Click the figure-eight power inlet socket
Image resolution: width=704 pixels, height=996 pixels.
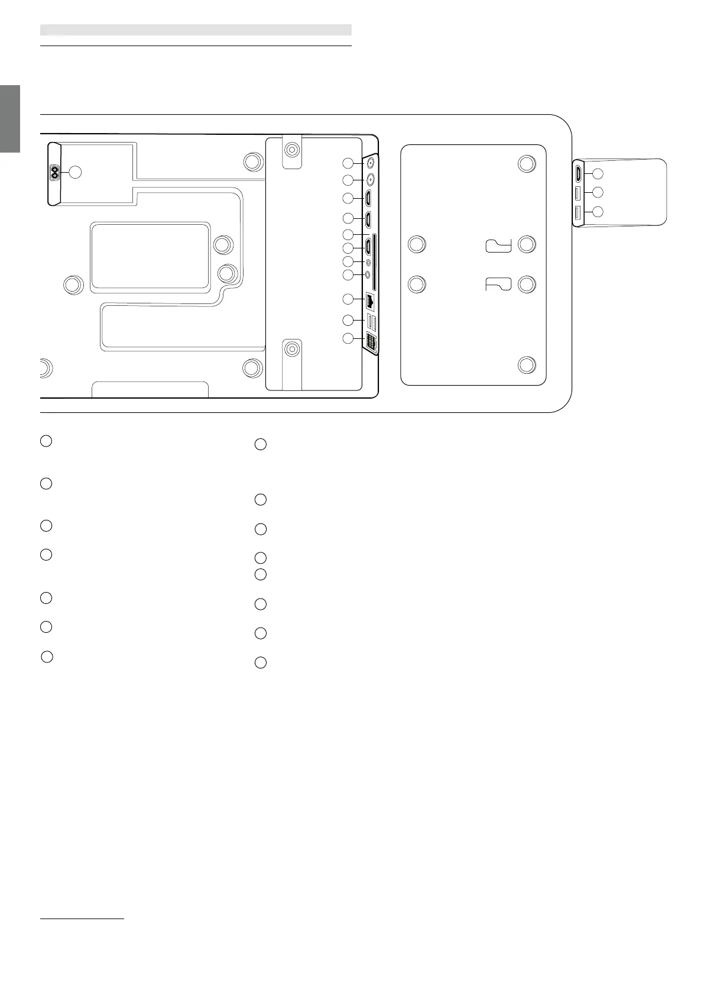coord(54,173)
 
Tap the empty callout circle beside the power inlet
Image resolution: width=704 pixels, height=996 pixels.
coord(75,172)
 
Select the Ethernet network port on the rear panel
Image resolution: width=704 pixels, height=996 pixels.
coord(371,299)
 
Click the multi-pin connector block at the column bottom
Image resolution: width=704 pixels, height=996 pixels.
coord(371,342)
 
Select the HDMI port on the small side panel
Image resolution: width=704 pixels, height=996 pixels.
coord(579,174)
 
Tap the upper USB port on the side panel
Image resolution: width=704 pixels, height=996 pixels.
coord(579,193)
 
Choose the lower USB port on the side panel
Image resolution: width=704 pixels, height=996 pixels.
coord(579,212)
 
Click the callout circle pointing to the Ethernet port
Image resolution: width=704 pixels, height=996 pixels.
coord(348,299)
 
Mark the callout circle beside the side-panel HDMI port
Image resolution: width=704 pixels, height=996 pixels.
coord(598,174)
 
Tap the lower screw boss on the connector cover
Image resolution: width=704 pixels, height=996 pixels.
coord(291,350)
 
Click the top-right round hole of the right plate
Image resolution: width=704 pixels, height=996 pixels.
coord(527,163)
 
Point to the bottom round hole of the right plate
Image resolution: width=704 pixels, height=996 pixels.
coord(527,364)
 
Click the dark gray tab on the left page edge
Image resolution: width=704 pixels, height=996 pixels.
coord(10,119)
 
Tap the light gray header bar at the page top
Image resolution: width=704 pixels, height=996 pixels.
coord(196,30)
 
